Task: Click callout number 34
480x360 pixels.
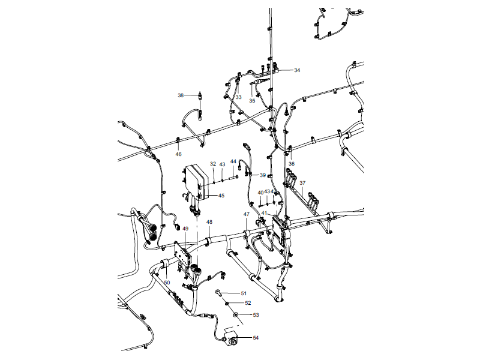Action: (x=297, y=70)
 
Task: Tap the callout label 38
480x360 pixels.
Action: (x=181, y=95)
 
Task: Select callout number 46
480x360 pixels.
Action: (x=178, y=154)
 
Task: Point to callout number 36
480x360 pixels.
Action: (x=292, y=164)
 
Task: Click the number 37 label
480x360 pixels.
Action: (x=302, y=183)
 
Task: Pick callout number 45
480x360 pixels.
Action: (x=221, y=196)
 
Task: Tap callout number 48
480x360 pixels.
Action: (x=209, y=222)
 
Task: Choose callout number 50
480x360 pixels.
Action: (x=167, y=283)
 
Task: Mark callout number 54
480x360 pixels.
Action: (x=256, y=338)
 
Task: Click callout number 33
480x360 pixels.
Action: (x=238, y=97)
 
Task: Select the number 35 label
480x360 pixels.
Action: (x=252, y=101)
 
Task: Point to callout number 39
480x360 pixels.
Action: (x=262, y=175)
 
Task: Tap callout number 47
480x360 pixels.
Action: (x=246, y=214)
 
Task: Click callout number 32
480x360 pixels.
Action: (x=213, y=164)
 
